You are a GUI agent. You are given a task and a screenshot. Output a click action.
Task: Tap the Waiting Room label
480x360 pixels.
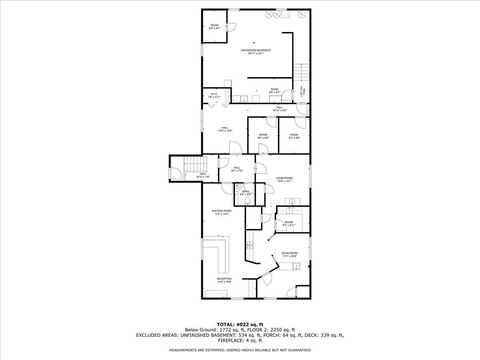[x=222, y=212]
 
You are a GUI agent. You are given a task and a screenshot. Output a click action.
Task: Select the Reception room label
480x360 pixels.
[x=224, y=280]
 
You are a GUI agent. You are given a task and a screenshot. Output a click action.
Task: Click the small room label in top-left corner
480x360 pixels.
[x=213, y=27]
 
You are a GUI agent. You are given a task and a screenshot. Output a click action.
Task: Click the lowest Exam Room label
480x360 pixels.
[x=290, y=256]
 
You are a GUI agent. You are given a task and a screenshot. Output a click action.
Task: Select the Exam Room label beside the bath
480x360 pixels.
[x=284, y=180]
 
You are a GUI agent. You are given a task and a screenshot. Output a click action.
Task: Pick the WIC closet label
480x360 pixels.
[x=302, y=91]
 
